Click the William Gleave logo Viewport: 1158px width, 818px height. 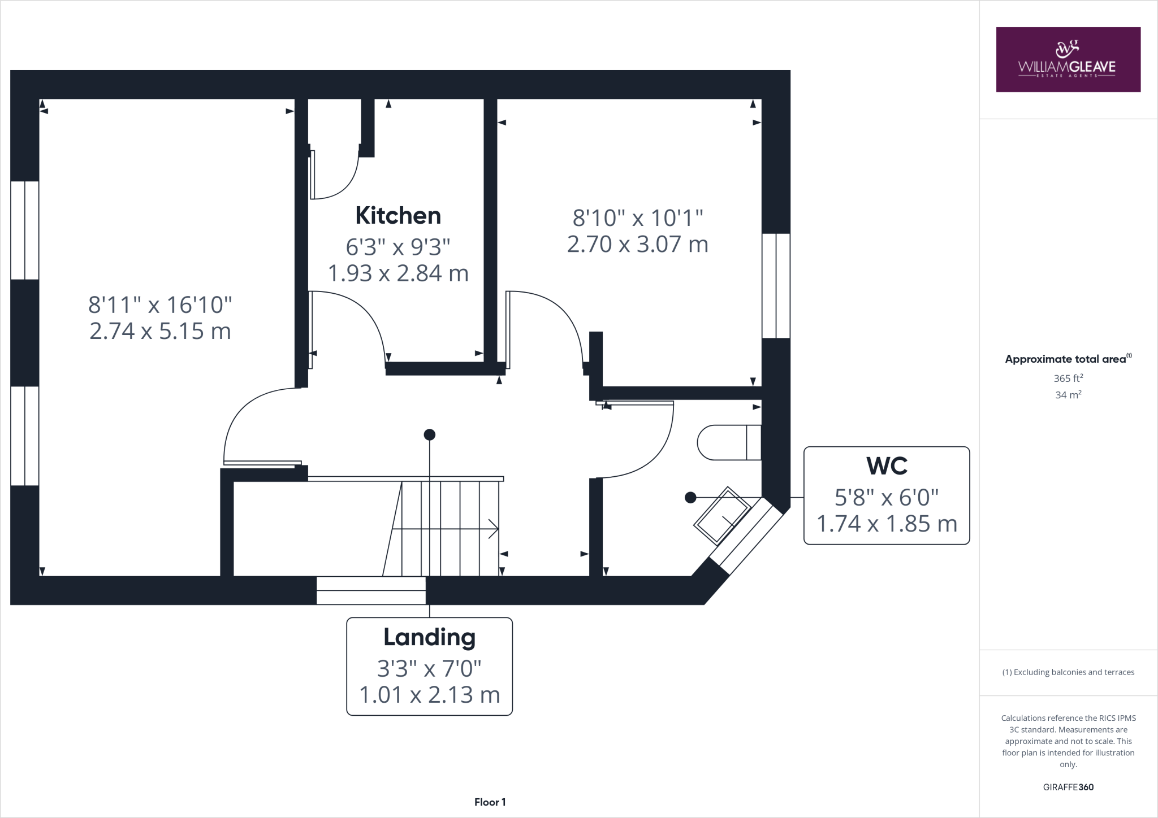click(x=1068, y=59)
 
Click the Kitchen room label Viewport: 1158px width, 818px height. click(x=398, y=216)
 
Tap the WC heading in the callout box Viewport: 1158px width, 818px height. click(x=887, y=466)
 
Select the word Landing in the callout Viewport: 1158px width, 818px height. click(x=429, y=637)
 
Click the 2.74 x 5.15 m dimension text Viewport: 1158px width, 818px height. click(x=160, y=331)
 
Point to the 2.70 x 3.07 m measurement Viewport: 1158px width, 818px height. click(x=637, y=244)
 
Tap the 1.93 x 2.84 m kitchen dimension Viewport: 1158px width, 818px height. click(x=398, y=273)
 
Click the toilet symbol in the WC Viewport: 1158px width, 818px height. click(x=728, y=442)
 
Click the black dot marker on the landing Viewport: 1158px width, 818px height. click(x=430, y=434)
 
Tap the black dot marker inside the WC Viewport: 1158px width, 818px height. click(x=690, y=497)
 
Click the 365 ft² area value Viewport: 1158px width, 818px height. click(x=1068, y=378)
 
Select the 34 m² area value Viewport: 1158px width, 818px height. click(x=1068, y=395)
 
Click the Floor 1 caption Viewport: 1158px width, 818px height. click(x=490, y=802)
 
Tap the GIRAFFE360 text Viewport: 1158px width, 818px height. click(x=1068, y=787)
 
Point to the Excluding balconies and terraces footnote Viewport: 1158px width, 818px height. click(x=1068, y=672)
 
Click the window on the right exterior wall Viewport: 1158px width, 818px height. click(x=776, y=285)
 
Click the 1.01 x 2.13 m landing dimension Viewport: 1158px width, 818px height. click(x=429, y=695)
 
